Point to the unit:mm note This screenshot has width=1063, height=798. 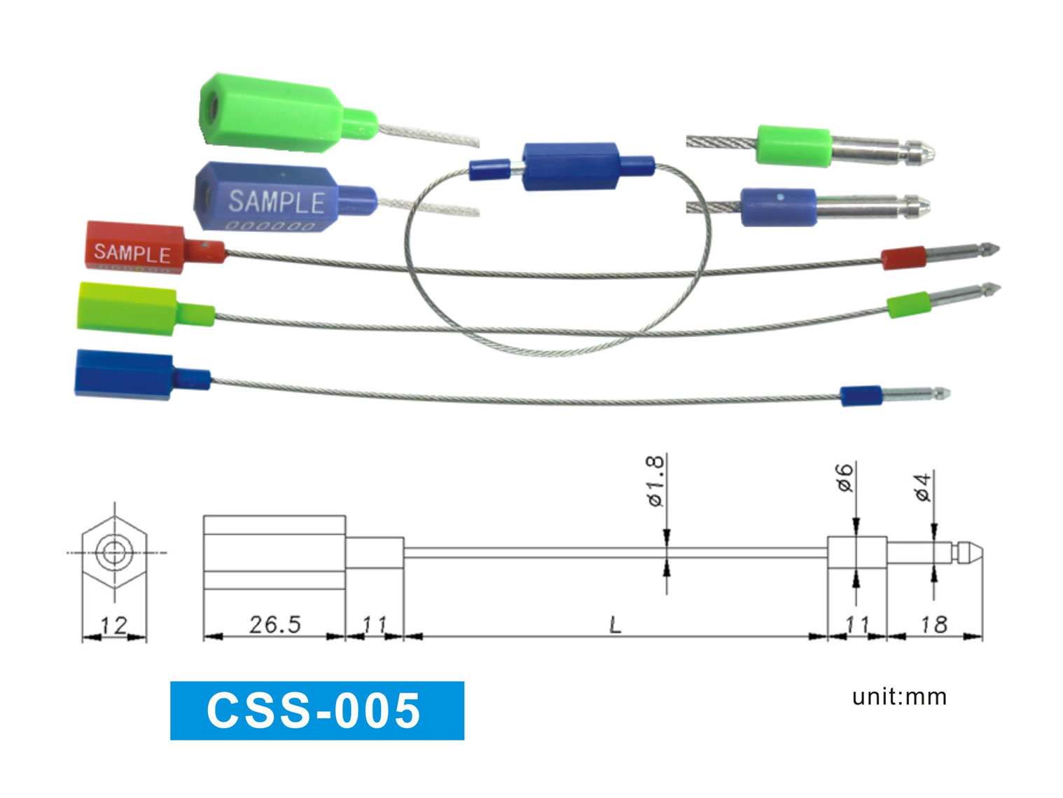(x=899, y=697)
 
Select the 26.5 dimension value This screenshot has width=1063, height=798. (x=275, y=624)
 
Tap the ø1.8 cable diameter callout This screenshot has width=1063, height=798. (x=654, y=481)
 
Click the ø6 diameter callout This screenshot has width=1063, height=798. (x=846, y=477)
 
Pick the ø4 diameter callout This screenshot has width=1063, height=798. (x=924, y=487)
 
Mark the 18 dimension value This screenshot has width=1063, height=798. (x=934, y=624)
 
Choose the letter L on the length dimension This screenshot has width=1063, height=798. (x=615, y=624)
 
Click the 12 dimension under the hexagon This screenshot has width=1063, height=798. (x=113, y=625)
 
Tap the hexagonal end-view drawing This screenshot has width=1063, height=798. (x=113, y=553)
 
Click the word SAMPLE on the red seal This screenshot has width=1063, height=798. (x=132, y=252)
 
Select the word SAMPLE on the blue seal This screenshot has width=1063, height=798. (x=277, y=202)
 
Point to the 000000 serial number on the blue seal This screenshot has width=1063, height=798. (x=270, y=226)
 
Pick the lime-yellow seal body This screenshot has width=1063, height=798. (x=126, y=309)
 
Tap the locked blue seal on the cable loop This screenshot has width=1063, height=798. (x=570, y=167)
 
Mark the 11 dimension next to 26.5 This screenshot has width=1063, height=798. (x=375, y=624)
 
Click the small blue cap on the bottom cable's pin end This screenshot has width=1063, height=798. (x=861, y=396)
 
